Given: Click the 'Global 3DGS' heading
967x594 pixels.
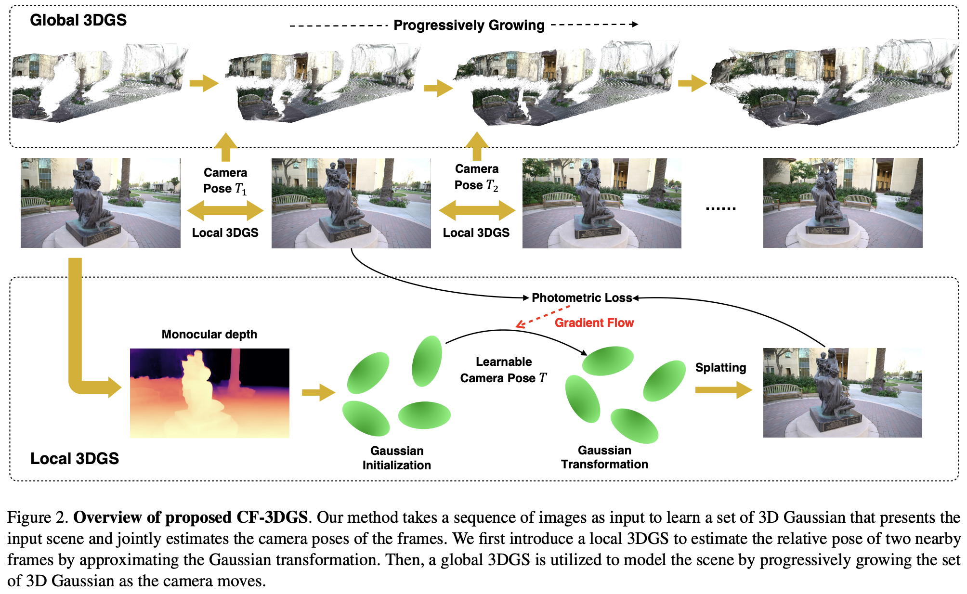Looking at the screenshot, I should click(x=78, y=20).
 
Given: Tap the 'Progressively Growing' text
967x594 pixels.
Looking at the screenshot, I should click(x=469, y=25).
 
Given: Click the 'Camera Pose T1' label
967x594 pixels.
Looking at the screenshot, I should click(x=225, y=181).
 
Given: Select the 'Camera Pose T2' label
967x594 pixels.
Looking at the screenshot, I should click(x=476, y=177).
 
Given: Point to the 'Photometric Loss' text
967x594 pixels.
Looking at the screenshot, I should click(x=581, y=298).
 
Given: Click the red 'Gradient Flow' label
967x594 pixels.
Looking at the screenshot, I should click(x=594, y=323).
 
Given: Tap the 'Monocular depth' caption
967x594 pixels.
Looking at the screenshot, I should click(x=209, y=334).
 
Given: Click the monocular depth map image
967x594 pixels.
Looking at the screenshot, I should click(x=209, y=393).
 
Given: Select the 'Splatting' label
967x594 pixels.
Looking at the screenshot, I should click(x=720, y=368).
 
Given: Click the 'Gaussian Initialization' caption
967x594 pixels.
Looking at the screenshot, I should click(x=396, y=458).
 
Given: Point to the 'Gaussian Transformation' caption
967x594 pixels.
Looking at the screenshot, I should click(x=604, y=457).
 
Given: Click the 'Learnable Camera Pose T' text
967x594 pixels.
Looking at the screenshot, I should click(x=504, y=370).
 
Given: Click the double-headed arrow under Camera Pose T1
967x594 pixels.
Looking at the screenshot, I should click(x=225, y=210).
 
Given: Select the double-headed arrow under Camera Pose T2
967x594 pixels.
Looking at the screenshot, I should click(x=477, y=210).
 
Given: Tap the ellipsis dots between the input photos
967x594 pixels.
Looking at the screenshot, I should click(x=720, y=208).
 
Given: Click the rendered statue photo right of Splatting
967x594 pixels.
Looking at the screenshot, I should click(x=842, y=393).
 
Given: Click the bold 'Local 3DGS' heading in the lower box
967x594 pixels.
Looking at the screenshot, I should click(x=75, y=458).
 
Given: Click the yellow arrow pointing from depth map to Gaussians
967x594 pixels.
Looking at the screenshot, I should click(x=318, y=393).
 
